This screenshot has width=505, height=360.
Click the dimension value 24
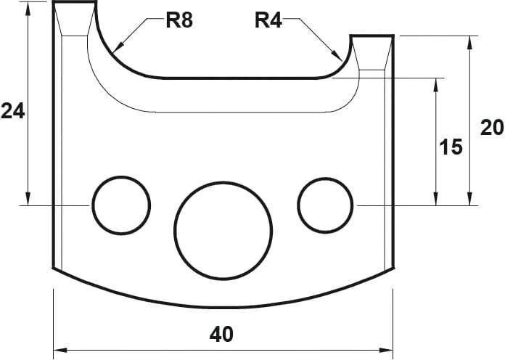[x=13, y=111]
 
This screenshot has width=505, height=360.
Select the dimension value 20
[x=492, y=128]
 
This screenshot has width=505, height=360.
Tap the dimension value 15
[x=451, y=147]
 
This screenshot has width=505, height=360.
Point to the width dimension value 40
[x=221, y=335]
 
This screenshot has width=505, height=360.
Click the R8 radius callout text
[x=179, y=20]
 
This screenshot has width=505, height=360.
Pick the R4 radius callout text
[x=268, y=20]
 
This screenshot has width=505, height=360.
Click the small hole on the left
[x=120, y=205]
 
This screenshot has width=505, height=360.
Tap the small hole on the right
[x=326, y=205]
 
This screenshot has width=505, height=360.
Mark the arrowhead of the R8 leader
[x=117, y=50]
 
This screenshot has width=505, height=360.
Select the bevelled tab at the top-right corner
[x=373, y=52]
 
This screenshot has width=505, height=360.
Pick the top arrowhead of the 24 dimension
[x=28, y=7]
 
